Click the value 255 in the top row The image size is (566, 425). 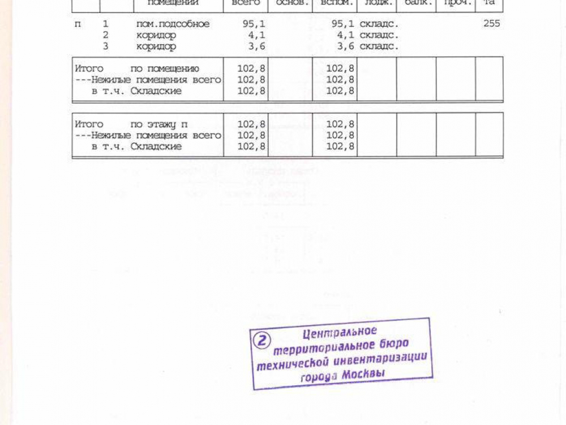pyautogui.click(x=491, y=24)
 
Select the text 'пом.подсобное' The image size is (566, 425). pyautogui.click(x=173, y=24)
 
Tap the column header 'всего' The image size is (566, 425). pyautogui.click(x=246, y=3)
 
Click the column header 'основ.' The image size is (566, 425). pyautogui.click(x=289, y=3)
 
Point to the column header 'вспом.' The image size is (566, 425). pyautogui.click(x=337, y=3)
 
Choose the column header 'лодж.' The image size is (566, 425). pyautogui.click(x=376, y=3)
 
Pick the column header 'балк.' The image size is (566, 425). pyautogui.click(x=416, y=3)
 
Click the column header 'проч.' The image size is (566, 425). pyautogui.click(x=456, y=3)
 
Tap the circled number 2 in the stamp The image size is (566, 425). pyautogui.click(x=262, y=341)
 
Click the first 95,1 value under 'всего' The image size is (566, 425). pyautogui.click(x=253, y=24)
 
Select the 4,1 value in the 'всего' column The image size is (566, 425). pyautogui.click(x=256, y=35)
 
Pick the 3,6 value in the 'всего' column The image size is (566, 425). pyautogui.click(x=256, y=46)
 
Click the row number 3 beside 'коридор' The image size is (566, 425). pyautogui.click(x=105, y=46)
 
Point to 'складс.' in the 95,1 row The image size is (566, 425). pyautogui.click(x=379, y=24)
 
